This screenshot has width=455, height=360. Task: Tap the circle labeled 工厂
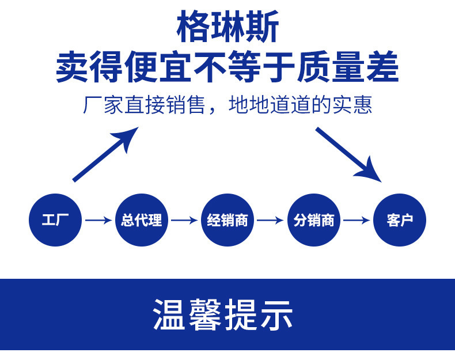55,219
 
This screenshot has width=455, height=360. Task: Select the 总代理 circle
142,219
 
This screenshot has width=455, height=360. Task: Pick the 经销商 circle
227,219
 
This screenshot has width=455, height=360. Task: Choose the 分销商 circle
314,219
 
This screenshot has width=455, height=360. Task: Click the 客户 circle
400,219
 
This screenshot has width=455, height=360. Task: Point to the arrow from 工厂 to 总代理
98,220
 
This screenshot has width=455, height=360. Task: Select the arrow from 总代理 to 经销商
184,220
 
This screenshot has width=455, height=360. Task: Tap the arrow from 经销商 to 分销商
271,220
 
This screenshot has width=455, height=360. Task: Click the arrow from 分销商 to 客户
357,220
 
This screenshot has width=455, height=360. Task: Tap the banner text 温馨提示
223,314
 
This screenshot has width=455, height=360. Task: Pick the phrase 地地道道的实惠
301,105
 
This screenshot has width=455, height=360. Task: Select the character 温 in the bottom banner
170,314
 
